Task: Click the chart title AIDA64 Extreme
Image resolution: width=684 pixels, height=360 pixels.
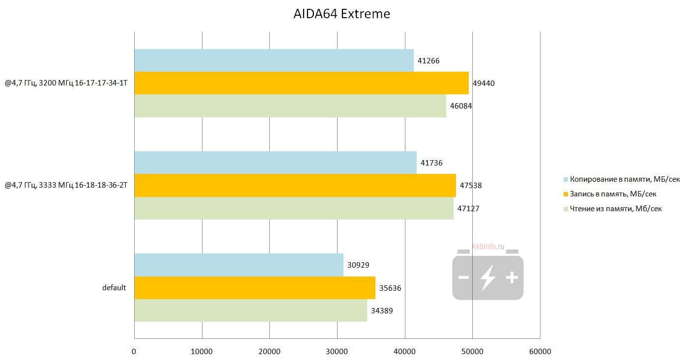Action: (342, 14)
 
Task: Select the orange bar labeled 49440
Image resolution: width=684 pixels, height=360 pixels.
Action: (301, 83)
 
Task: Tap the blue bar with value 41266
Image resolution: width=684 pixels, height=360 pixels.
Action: (274, 60)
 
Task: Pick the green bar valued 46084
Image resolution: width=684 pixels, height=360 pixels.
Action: (290, 106)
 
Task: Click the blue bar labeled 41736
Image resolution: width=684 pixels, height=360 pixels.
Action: (275, 163)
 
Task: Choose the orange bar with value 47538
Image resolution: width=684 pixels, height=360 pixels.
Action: (295, 185)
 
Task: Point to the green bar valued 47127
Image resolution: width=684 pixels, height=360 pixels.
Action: (294, 208)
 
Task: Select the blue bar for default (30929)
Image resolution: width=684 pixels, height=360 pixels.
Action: (239, 265)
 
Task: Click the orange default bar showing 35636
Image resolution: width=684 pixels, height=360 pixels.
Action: (255, 288)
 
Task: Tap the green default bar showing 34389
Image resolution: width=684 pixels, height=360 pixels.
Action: (251, 310)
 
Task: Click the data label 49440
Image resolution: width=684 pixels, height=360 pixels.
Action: (484, 83)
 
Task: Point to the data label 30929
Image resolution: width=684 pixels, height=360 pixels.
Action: (358, 265)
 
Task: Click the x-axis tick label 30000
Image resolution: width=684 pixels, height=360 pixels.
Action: (337, 352)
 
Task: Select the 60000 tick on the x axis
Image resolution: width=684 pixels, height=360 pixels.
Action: (540, 352)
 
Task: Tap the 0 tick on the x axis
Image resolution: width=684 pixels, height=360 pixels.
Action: (134, 352)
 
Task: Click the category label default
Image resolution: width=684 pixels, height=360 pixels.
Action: (114, 288)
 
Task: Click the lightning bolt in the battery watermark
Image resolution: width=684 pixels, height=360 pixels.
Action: (488, 277)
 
